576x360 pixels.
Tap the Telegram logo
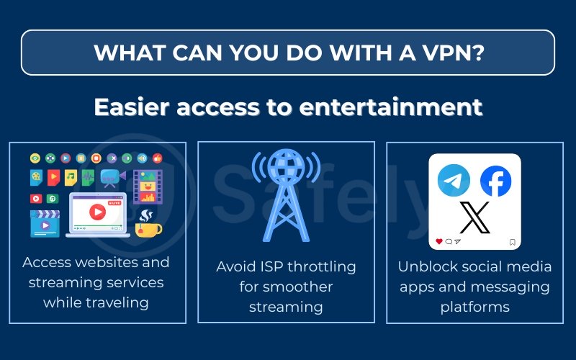click(x=454, y=181)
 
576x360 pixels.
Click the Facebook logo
click(x=495, y=181)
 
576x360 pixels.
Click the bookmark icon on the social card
click(x=512, y=242)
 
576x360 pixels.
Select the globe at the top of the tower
click(x=286, y=166)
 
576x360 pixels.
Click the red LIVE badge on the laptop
click(x=114, y=204)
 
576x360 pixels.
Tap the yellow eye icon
click(x=35, y=158)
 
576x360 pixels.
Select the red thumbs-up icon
click(x=158, y=158)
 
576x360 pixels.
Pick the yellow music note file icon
click(x=71, y=177)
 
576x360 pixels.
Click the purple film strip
click(x=148, y=186)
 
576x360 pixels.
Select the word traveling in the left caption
click(x=96, y=302)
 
